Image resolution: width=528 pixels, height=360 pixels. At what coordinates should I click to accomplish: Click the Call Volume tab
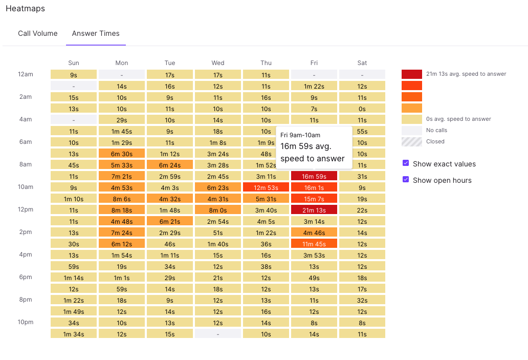[x=38, y=33]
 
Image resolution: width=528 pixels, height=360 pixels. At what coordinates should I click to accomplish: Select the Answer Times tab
[x=96, y=33]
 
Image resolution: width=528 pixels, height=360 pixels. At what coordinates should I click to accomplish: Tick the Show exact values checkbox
[x=406, y=163]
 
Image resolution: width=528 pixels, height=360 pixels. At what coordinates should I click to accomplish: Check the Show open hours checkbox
[x=406, y=180]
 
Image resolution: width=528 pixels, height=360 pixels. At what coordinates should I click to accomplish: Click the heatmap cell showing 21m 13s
[x=314, y=209]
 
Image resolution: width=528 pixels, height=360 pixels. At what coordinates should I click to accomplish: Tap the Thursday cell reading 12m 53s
[x=266, y=187]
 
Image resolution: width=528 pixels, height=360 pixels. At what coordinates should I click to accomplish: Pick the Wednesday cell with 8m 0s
[x=218, y=209]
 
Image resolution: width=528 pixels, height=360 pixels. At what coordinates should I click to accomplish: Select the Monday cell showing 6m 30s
[x=122, y=153]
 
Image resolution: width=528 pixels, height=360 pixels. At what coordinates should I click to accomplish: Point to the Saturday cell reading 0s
[x=362, y=108]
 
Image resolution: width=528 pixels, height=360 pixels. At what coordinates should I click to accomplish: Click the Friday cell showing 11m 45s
[x=314, y=243]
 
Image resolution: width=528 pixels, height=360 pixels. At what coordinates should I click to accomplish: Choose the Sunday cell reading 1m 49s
[x=74, y=311]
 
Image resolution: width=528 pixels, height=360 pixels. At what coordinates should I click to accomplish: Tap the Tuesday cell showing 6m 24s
[x=170, y=164]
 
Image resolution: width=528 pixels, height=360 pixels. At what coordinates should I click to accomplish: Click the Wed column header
[x=218, y=63]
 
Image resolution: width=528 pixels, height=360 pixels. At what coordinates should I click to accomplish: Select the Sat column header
[x=362, y=63]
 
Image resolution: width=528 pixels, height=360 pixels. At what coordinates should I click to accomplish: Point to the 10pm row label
[x=26, y=322]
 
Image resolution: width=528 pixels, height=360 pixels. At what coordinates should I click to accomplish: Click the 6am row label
[x=26, y=142]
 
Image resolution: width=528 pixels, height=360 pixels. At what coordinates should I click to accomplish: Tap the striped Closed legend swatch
[x=412, y=142]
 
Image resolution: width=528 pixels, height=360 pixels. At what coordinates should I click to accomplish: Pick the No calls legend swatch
[x=412, y=131]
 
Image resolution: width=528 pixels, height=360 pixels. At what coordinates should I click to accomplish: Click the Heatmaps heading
[x=25, y=9]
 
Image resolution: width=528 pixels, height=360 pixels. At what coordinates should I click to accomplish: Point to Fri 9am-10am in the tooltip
[x=300, y=135]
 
